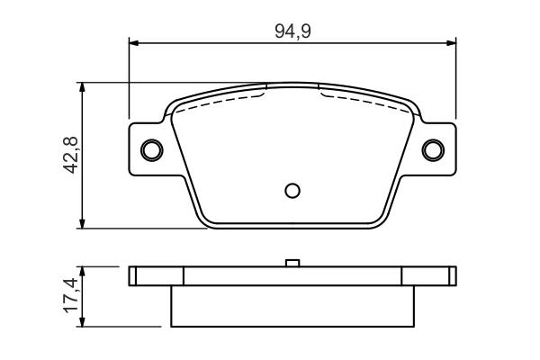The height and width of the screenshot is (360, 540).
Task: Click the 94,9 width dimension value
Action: point(292,30)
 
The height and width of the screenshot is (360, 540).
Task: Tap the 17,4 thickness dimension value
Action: point(71,296)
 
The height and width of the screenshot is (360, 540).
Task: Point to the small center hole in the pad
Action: point(292,190)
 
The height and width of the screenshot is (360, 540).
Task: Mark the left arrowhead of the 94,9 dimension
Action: point(135,41)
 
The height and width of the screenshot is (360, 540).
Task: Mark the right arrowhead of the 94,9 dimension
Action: point(451,41)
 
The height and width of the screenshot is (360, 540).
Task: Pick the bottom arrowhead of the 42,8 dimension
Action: point(83,222)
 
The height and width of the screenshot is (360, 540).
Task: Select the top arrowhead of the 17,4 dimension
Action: point(83,271)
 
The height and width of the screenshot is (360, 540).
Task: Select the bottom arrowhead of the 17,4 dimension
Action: point(83,321)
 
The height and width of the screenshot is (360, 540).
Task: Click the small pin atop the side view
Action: point(292,263)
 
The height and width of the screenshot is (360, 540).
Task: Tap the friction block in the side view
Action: point(292,306)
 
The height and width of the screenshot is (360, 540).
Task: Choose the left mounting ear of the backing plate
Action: point(144,148)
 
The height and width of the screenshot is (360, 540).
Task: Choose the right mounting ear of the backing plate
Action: point(440,148)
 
